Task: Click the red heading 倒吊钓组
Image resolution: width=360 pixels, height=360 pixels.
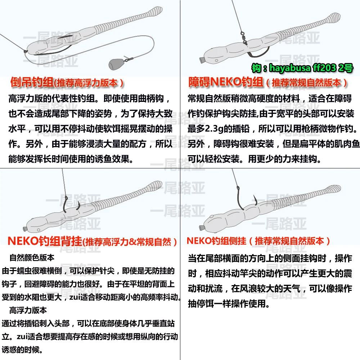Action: [32, 82]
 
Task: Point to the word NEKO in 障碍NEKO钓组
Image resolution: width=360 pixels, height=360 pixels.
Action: [225, 82]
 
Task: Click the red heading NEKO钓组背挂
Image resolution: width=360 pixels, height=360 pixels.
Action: [45, 241]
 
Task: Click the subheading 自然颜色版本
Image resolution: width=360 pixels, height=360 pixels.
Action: [32, 258]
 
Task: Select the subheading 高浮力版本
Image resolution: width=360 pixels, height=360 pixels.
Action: [28, 310]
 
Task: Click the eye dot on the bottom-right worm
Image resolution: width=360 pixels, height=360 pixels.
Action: [212, 216]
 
